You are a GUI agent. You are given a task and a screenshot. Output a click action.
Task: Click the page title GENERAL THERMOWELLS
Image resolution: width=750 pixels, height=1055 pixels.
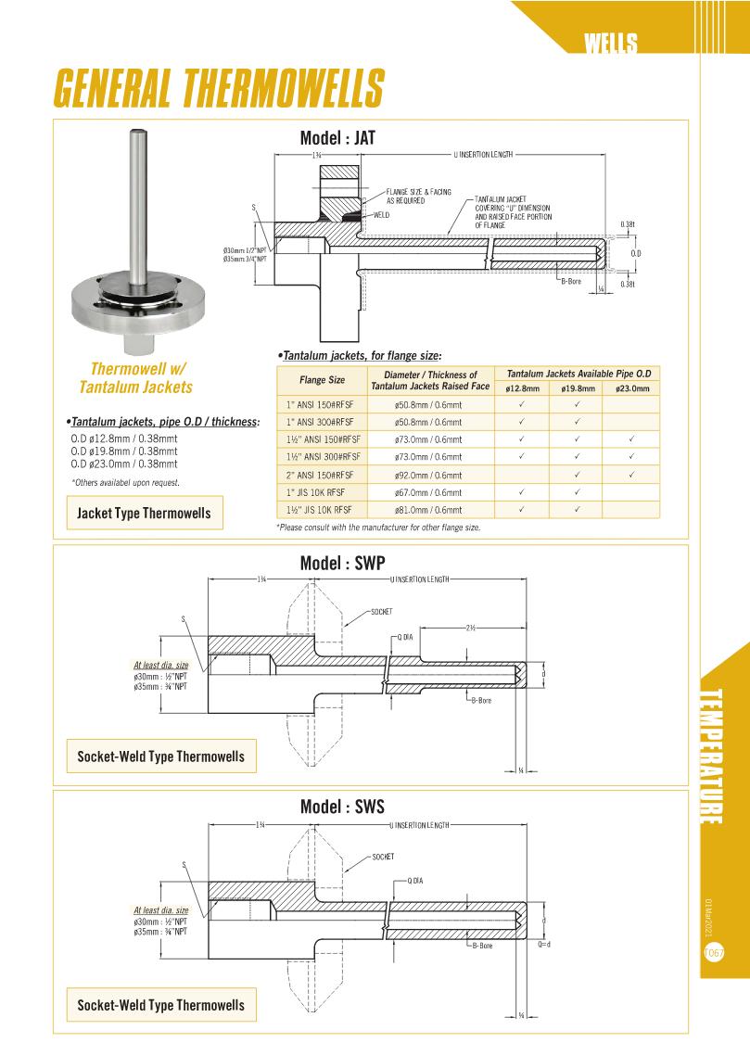point(219,88)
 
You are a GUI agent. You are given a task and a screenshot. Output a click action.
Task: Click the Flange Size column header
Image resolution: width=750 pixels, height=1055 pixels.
point(322,380)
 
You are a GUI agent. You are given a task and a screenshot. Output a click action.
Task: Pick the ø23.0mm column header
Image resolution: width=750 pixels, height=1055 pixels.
point(630,388)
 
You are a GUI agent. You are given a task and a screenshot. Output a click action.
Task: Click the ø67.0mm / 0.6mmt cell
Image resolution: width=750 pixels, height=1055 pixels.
point(428,492)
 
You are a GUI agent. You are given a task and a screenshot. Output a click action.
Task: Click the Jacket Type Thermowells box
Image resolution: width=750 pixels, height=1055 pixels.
point(144,513)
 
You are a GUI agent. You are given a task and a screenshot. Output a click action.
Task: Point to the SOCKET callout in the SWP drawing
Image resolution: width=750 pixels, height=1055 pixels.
point(381,613)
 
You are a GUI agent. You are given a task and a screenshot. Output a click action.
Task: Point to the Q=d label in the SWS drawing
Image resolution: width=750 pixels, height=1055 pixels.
point(544,944)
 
